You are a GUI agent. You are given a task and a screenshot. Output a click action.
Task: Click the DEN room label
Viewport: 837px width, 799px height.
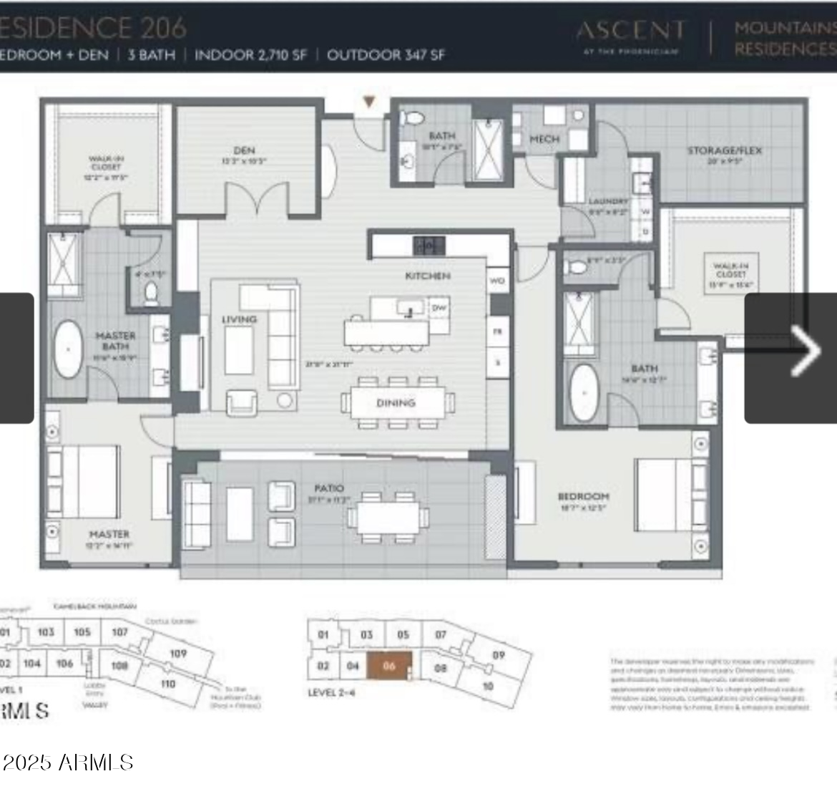point(244,150)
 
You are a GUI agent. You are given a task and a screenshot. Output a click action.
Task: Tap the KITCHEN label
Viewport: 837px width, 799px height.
point(427,276)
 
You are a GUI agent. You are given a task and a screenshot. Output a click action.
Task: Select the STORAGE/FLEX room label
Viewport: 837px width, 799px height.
point(724,150)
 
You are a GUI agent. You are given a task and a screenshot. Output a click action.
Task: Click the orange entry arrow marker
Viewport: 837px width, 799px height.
point(369,102)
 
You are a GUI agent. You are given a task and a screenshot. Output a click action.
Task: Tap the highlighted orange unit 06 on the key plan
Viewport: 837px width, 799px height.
point(389,665)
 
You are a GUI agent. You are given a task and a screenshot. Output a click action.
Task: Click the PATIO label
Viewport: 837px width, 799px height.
point(328,488)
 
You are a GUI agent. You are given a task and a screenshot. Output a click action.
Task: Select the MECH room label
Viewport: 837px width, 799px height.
point(544,138)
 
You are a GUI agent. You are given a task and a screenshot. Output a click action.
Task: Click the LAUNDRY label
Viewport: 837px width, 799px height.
point(608,202)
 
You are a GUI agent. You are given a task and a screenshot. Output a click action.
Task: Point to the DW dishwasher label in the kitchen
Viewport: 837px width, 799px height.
point(439,308)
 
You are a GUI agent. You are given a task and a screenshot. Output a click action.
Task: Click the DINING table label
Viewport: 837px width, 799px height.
point(396,403)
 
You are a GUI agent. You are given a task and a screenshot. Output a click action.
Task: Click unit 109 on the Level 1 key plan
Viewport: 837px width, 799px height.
point(177,653)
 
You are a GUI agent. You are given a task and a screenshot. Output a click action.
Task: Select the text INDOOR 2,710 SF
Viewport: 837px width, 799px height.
point(250,55)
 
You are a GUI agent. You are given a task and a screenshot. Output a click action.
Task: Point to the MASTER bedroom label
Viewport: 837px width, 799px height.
point(109,534)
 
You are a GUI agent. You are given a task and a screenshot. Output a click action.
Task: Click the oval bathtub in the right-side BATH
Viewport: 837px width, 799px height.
point(584,393)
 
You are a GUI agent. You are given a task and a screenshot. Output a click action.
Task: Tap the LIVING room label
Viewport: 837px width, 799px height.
point(239,319)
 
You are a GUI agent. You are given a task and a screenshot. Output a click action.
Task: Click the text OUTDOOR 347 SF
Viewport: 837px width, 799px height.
point(386,55)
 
